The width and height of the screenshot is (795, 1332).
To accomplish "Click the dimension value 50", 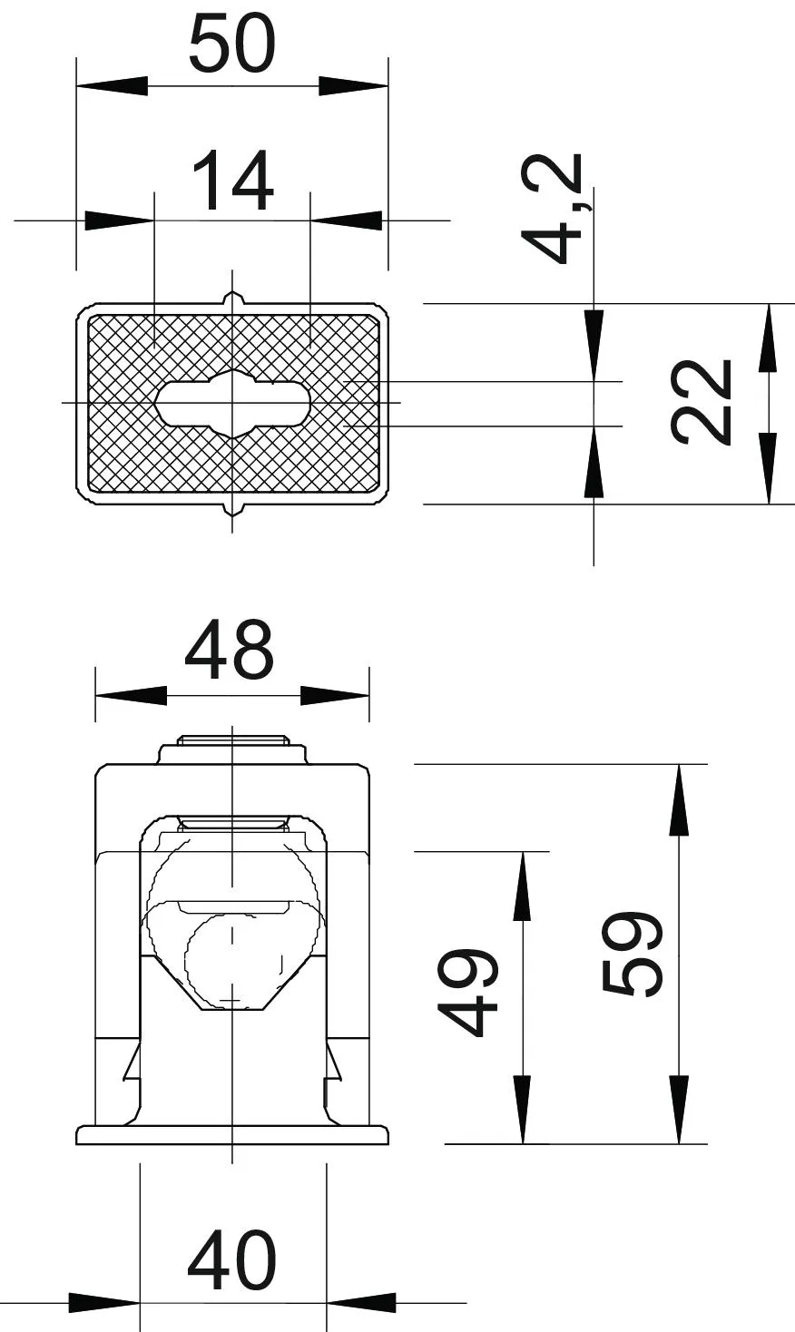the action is [232, 44].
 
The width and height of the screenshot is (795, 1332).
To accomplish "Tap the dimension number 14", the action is [232, 181].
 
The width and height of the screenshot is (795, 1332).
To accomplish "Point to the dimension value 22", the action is [700, 402].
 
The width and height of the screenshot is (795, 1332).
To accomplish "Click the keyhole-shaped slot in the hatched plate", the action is [232, 404].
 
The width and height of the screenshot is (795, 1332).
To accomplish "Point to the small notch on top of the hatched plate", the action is [232, 298].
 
